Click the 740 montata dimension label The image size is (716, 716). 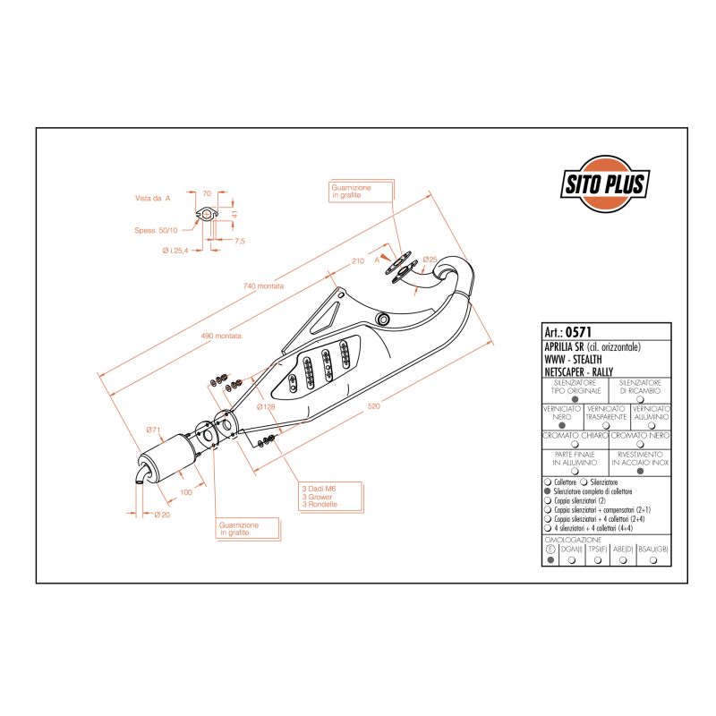(x=263, y=286)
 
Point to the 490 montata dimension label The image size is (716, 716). (x=221, y=336)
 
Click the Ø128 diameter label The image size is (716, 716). (x=265, y=407)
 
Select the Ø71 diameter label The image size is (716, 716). (x=154, y=430)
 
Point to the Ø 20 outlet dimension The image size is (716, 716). (x=162, y=515)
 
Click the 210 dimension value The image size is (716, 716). (x=357, y=262)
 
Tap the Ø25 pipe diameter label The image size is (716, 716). (x=430, y=260)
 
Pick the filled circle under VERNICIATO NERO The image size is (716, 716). (x=562, y=426)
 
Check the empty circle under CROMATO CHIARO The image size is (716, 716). (x=575, y=444)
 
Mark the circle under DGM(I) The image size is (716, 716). (x=570, y=560)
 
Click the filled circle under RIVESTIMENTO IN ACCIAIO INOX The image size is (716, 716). (x=639, y=471)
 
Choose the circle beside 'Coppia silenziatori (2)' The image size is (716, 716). (x=548, y=502)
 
